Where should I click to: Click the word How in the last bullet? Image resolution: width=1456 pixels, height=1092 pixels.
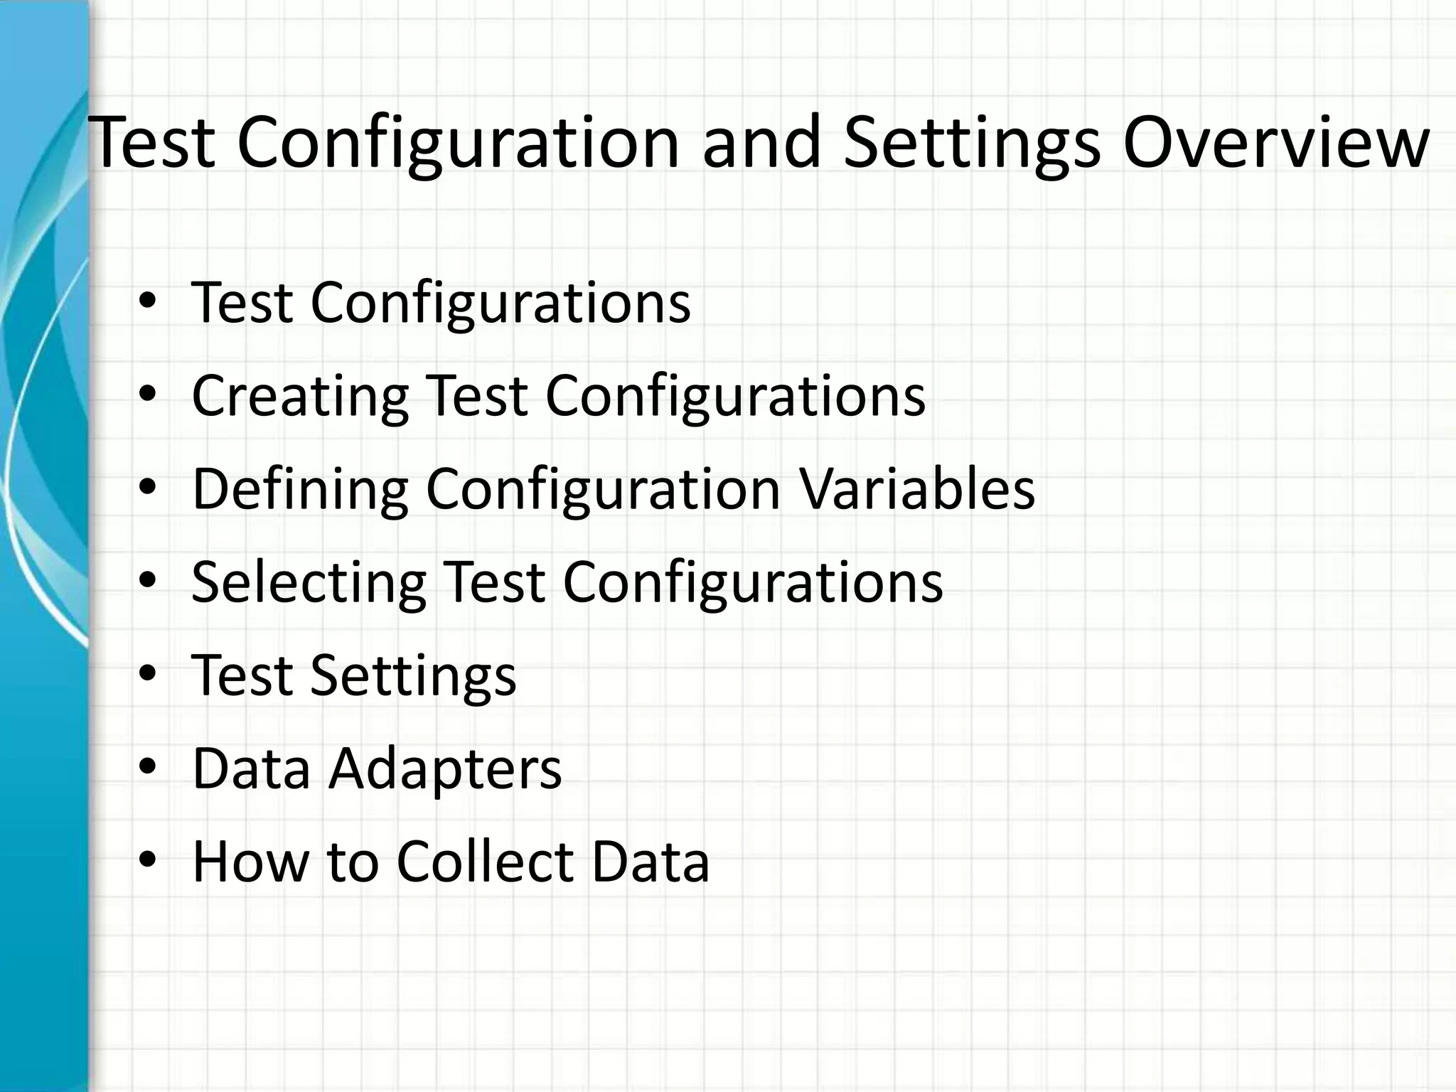(250, 862)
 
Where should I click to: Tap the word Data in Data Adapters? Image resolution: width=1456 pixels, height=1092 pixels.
(251, 769)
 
